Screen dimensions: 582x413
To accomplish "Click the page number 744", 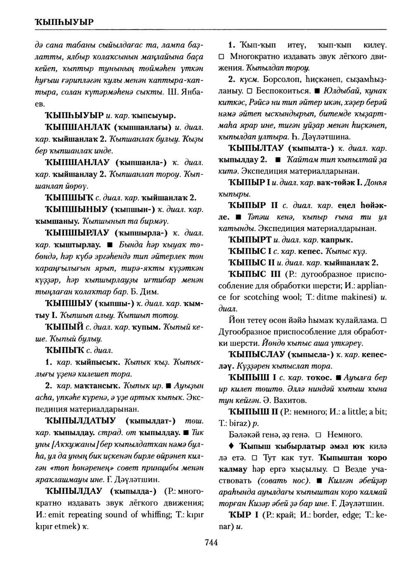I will coord(211,542).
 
